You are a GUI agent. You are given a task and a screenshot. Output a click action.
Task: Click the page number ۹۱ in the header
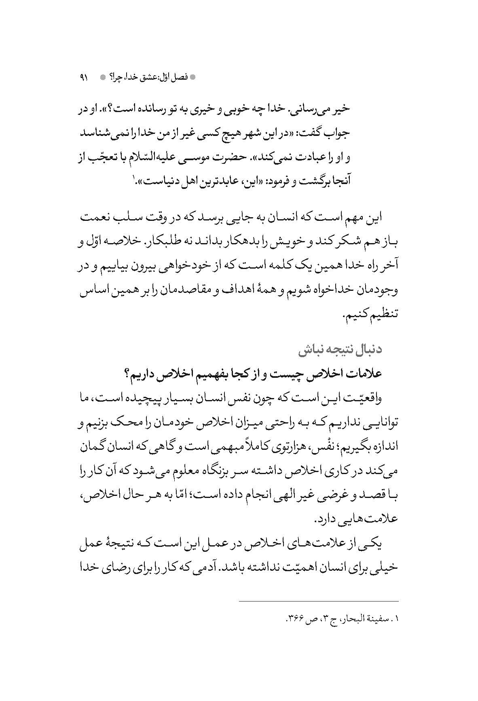84,77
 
